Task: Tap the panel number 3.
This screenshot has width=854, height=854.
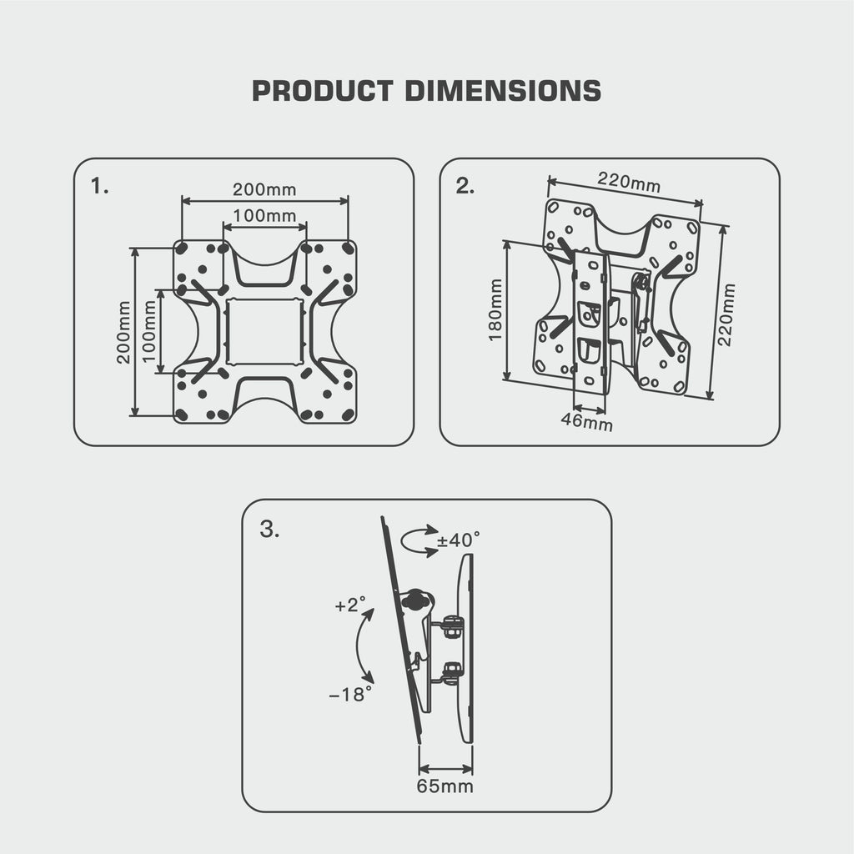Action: [x=269, y=529]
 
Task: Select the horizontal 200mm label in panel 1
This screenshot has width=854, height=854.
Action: [x=264, y=190]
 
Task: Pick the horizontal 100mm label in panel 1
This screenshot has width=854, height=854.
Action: [x=264, y=215]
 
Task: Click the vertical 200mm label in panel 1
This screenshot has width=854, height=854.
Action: [x=123, y=331]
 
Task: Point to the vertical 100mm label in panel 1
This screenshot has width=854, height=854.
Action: [x=150, y=331]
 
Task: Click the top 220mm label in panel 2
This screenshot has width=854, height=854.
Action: [x=629, y=181]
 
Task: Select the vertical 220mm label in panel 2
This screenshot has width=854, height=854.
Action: [x=727, y=314]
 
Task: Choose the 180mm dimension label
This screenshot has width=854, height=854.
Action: [x=495, y=309]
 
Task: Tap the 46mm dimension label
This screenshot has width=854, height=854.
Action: [x=586, y=422]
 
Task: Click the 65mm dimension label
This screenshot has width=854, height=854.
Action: [x=445, y=786]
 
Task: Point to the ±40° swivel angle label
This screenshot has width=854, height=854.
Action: [x=459, y=540]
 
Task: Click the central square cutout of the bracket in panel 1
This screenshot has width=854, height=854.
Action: [x=264, y=331]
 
